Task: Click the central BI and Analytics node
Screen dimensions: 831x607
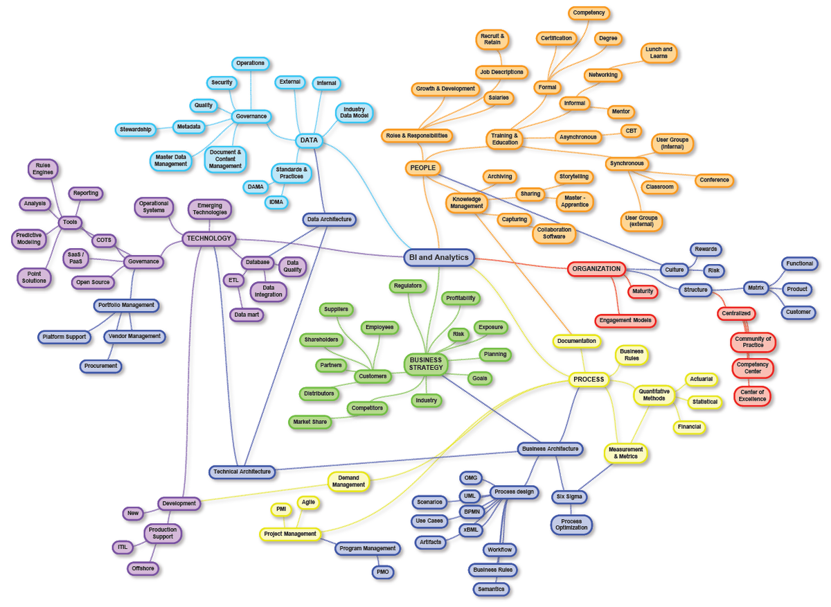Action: coord(439,258)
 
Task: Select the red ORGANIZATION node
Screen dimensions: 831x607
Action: coord(596,269)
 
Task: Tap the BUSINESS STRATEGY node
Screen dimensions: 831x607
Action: coord(426,364)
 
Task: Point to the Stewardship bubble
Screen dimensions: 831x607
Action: coord(136,130)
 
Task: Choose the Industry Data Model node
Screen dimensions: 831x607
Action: coord(354,112)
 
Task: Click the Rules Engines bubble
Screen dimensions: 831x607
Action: coord(43,169)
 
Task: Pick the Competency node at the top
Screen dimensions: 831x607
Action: coord(589,12)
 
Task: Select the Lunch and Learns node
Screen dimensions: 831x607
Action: coord(659,53)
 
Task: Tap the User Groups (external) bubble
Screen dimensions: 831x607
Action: coord(641,221)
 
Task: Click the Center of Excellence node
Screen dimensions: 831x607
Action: coord(752,396)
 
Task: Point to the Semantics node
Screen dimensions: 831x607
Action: coord(491,589)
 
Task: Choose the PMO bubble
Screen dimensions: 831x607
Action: coord(382,572)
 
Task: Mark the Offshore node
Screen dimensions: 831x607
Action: coord(143,568)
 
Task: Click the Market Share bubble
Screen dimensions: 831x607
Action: coord(310,422)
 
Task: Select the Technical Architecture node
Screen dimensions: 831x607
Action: coord(242,472)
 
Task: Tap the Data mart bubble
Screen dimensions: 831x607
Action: coord(247,315)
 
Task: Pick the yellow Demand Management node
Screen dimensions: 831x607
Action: coord(348,482)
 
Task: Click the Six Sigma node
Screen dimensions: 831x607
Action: coord(569,497)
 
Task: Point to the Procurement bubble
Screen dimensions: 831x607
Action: coord(100,366)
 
